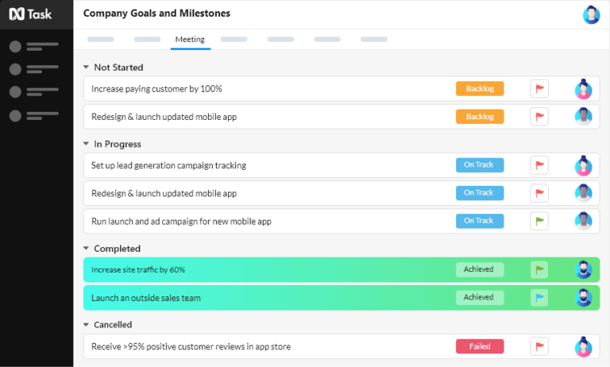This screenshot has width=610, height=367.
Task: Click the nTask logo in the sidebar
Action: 31,14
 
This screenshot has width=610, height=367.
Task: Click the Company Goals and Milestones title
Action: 157,14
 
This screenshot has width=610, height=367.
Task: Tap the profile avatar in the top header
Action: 591,14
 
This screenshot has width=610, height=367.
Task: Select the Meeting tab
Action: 190,39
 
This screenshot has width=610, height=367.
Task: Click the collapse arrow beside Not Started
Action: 86,68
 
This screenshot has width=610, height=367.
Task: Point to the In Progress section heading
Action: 118,144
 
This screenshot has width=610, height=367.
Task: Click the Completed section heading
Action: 117,249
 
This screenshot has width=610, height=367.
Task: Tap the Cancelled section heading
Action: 113,325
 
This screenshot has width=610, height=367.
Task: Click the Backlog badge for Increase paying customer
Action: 480,89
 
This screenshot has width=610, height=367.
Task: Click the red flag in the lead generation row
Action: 539,165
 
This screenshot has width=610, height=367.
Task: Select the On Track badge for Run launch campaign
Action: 480,221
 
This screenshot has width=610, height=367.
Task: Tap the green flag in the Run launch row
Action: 539,221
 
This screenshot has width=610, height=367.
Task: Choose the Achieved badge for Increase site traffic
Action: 480,269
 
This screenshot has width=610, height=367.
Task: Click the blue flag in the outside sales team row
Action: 539,297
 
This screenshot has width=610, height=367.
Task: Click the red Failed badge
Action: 480,346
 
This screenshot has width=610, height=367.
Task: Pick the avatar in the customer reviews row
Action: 584,346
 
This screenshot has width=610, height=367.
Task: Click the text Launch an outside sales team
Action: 146,298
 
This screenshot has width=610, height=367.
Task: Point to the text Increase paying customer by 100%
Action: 156,89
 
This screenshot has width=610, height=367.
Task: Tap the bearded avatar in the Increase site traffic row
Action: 584,269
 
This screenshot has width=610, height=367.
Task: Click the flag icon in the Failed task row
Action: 539,346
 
